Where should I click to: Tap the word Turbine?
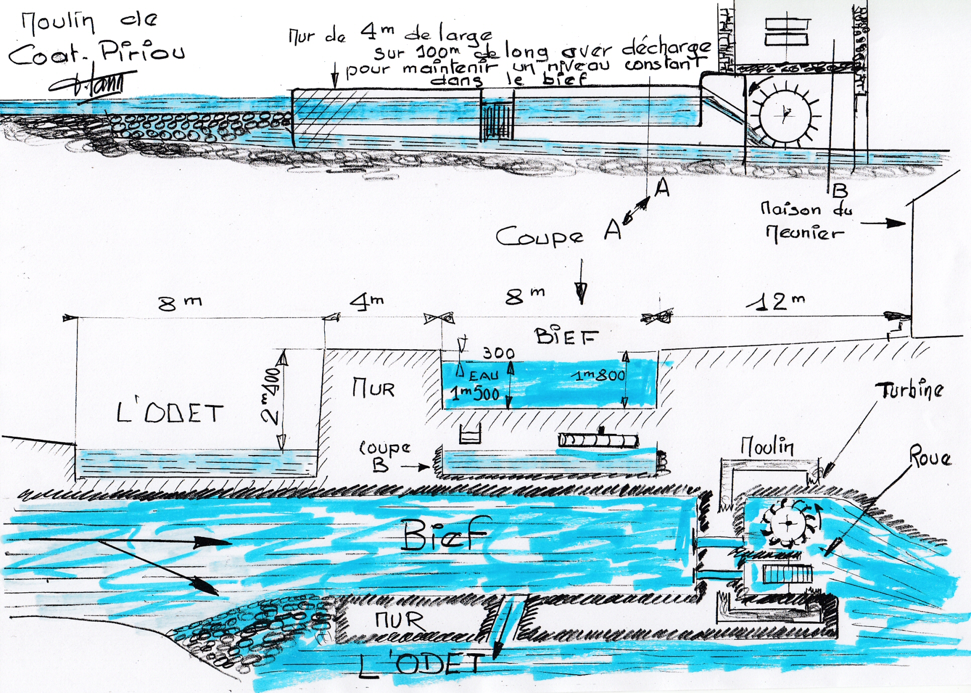pos(909,390)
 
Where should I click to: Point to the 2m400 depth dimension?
pos(272,397)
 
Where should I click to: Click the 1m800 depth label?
pos(600,375)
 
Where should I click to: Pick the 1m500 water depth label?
pos(475,394)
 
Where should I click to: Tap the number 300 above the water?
pos(498,353)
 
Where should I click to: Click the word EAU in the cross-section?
pos(483,376)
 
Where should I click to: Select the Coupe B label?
pos(384,456)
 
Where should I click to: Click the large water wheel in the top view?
pos(785,115)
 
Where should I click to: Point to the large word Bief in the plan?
pos(445,534)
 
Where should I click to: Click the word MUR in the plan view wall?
pos(399,620)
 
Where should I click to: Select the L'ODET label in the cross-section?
pos(170,413)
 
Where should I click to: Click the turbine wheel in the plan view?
pos(788,523)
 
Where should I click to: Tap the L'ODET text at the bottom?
pos(422,664)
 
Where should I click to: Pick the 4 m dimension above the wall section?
pos(367,301)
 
